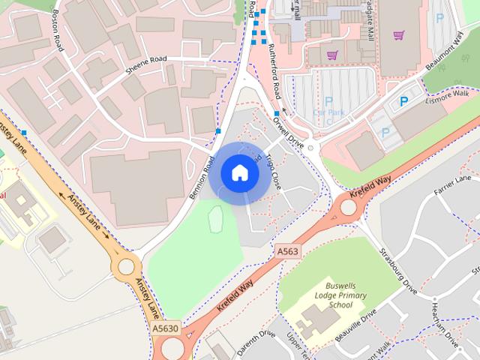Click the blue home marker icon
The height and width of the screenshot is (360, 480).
(x=239, y=173)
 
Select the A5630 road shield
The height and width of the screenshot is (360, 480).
(x=166, y=328)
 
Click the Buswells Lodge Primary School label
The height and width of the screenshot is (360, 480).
(x=340, y=295)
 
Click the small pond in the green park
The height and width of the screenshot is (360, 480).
(x=215, y=220)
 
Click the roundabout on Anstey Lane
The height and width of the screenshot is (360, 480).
(x=125, y=265)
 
